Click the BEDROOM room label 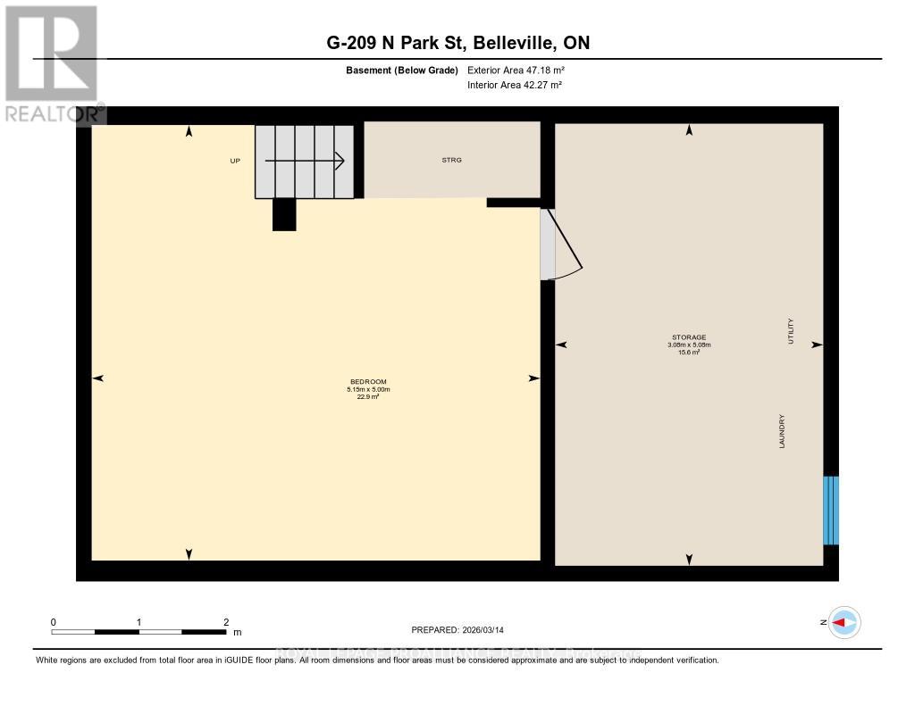[x=367, y=381]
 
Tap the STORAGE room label [x=689, y=336]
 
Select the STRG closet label [x=451, y=161]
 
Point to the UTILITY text [x=791, y=332]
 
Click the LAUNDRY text [x=782, y=430]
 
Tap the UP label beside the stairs [x=235, y=161]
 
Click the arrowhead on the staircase [x=339, y=161]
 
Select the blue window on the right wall [x=831, y=511]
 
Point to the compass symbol [x=844, y=622]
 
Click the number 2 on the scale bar [x=226, y=622]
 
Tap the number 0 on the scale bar [x=54, y=622]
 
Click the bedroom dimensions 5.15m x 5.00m [x=368, y=389]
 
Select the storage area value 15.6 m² [x=689, y=352]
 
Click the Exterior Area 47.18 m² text [x=516, y=70]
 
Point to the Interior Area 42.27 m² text [x=515, y=85]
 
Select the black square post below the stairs [x=284, y=214]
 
